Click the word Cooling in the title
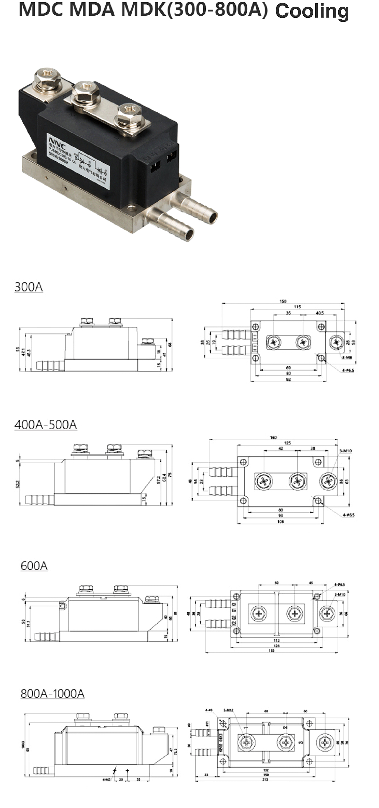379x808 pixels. click(312, 11)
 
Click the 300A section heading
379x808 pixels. click(28, 287)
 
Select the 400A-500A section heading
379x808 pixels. click(46, 424)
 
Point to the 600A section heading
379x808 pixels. click(34, 566)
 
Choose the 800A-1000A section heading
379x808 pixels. click(52, 693)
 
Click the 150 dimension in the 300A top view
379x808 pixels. click(283, 301)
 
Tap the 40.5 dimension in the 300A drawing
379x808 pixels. click(320, 313)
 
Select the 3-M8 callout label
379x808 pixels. click(347, 357)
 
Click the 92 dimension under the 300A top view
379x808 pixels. click(288, 380)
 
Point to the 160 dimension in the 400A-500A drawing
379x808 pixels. click(273, 437)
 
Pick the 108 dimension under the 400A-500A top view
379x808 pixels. click(281, 521)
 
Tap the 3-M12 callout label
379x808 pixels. click(228, 710)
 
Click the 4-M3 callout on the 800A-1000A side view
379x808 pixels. click(107, 780)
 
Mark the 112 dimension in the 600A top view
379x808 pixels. click(276, 640)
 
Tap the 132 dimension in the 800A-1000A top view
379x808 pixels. click(266, 770)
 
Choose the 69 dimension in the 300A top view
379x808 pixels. click(288, 368)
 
